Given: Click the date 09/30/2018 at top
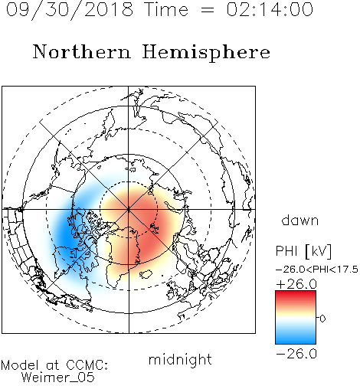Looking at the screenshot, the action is (70, 10).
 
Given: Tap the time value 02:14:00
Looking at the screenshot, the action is (270, 9).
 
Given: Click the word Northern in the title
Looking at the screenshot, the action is (82, 51).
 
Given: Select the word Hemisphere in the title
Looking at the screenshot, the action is (206, 53).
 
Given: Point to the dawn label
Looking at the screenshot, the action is (300, 220).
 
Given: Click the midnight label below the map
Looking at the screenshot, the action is (180, 360).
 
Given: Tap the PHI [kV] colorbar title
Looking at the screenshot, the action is (303, 251).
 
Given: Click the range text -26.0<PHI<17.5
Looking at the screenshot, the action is (316, 270).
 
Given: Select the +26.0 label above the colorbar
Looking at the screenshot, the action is (296, 284).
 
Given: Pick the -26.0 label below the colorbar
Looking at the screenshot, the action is (296, 354).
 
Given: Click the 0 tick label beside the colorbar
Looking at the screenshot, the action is (322, 319).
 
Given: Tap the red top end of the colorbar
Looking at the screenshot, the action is (296, 293).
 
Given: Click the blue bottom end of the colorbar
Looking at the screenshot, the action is (296, 342).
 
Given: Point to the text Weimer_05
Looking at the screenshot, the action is (58, 378).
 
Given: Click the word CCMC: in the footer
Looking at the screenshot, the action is (87, 365).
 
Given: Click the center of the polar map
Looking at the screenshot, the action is (129, 209).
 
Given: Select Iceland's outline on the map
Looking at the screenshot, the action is (146, 274).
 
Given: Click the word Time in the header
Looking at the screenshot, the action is (166, 9).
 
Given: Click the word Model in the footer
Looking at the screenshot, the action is (20, 365).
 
